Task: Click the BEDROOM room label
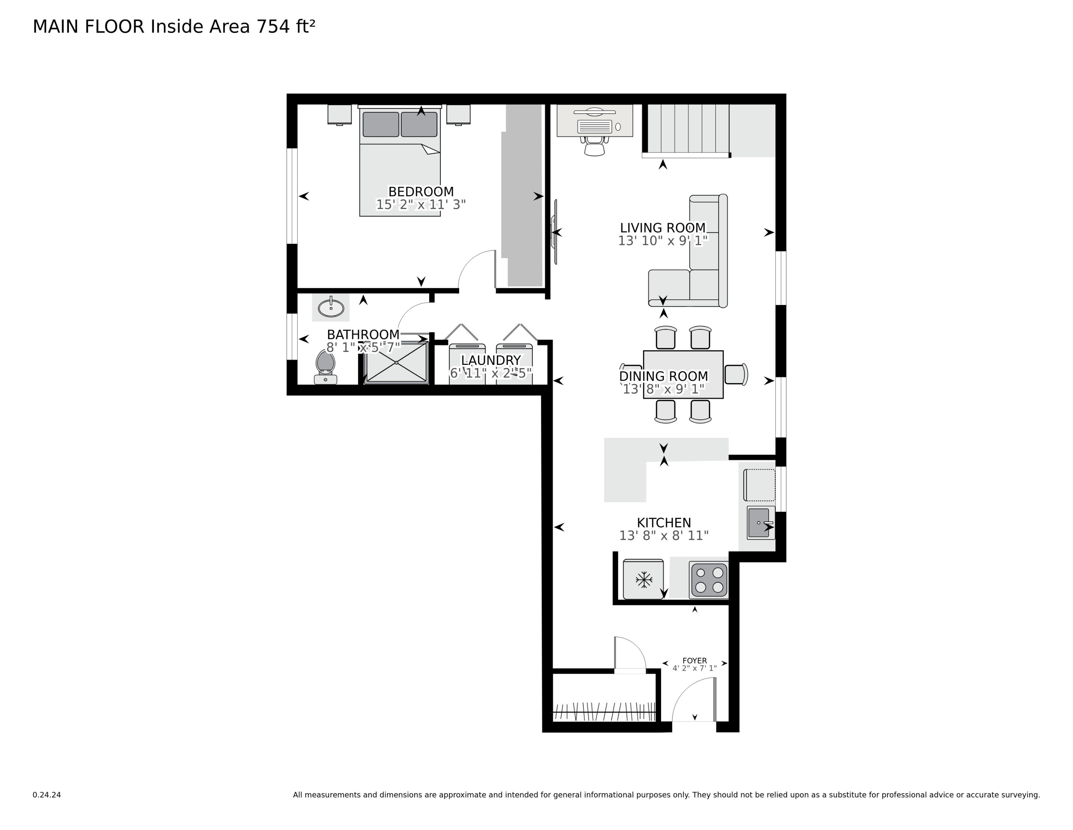tap(421, 191)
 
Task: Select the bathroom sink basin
tap(330, 308)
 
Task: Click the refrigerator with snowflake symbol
tap(643, 579)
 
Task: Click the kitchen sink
tap(760, 523)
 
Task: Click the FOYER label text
tap(694, 660)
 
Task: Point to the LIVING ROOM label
tap(662, 228)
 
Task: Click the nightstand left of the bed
tap(339, 114)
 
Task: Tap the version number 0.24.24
tap(46, 795)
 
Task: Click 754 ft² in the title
tap(285, 26)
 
